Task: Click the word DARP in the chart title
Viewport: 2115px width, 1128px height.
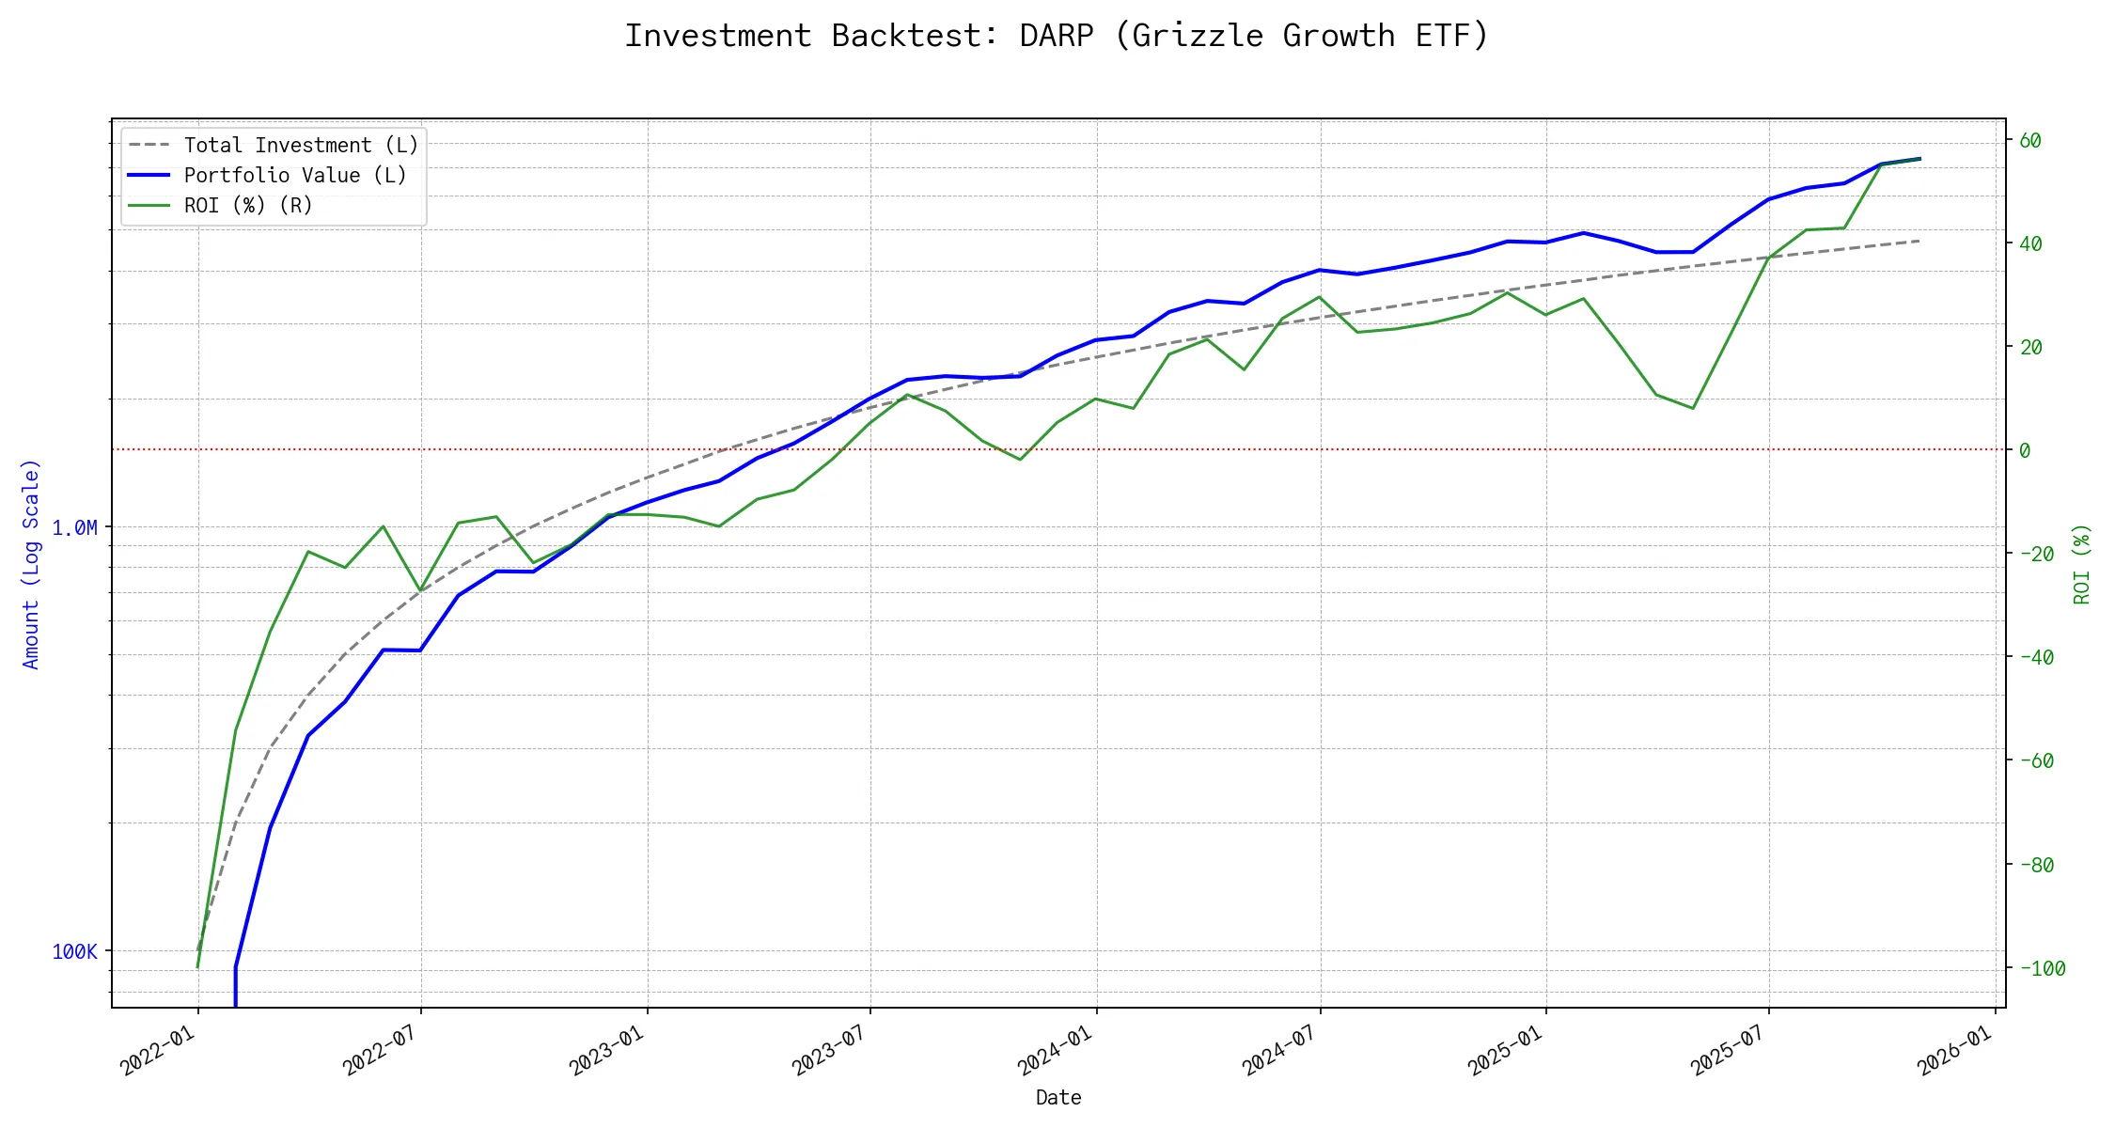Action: pyautogui.click(x=1057, y=36)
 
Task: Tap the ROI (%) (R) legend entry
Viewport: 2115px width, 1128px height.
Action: pyautogui.click(x=248, y=206)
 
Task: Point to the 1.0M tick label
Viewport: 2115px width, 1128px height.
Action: pyautogui.click(x=74, y=528)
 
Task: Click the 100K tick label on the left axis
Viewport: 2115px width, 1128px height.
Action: pyautogui.click(x=74, y=952)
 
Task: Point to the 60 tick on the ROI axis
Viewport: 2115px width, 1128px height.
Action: pyautogui.click(x=2030, y=141)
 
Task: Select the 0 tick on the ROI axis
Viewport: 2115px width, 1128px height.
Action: pyautogui.click(x=2025, y=451)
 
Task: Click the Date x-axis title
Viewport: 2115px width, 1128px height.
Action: pyautogui.click(x=1058, y=1098)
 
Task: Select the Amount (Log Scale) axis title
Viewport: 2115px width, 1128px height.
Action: pyautogui.click(x=31, y=564)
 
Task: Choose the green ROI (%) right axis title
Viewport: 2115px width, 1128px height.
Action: pyautogui.click(x=2082, y=564)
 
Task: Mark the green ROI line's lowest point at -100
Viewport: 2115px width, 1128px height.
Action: pyautogui.click(x=197, y=967)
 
